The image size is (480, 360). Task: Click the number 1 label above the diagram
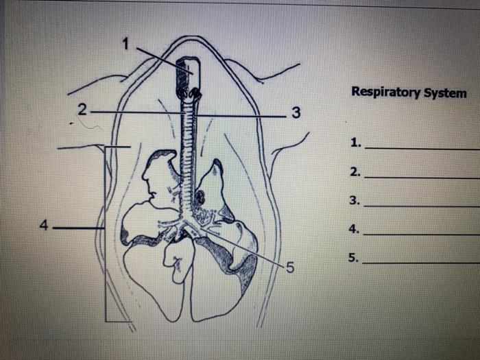click(x=125, y=45)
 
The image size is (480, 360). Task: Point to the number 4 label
click(x=45, y=225)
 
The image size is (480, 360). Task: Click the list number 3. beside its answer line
click(x=354, y=201)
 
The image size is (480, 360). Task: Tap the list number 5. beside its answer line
click(x=354, y=259)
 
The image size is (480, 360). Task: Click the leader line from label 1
click(x=161, y=56)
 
